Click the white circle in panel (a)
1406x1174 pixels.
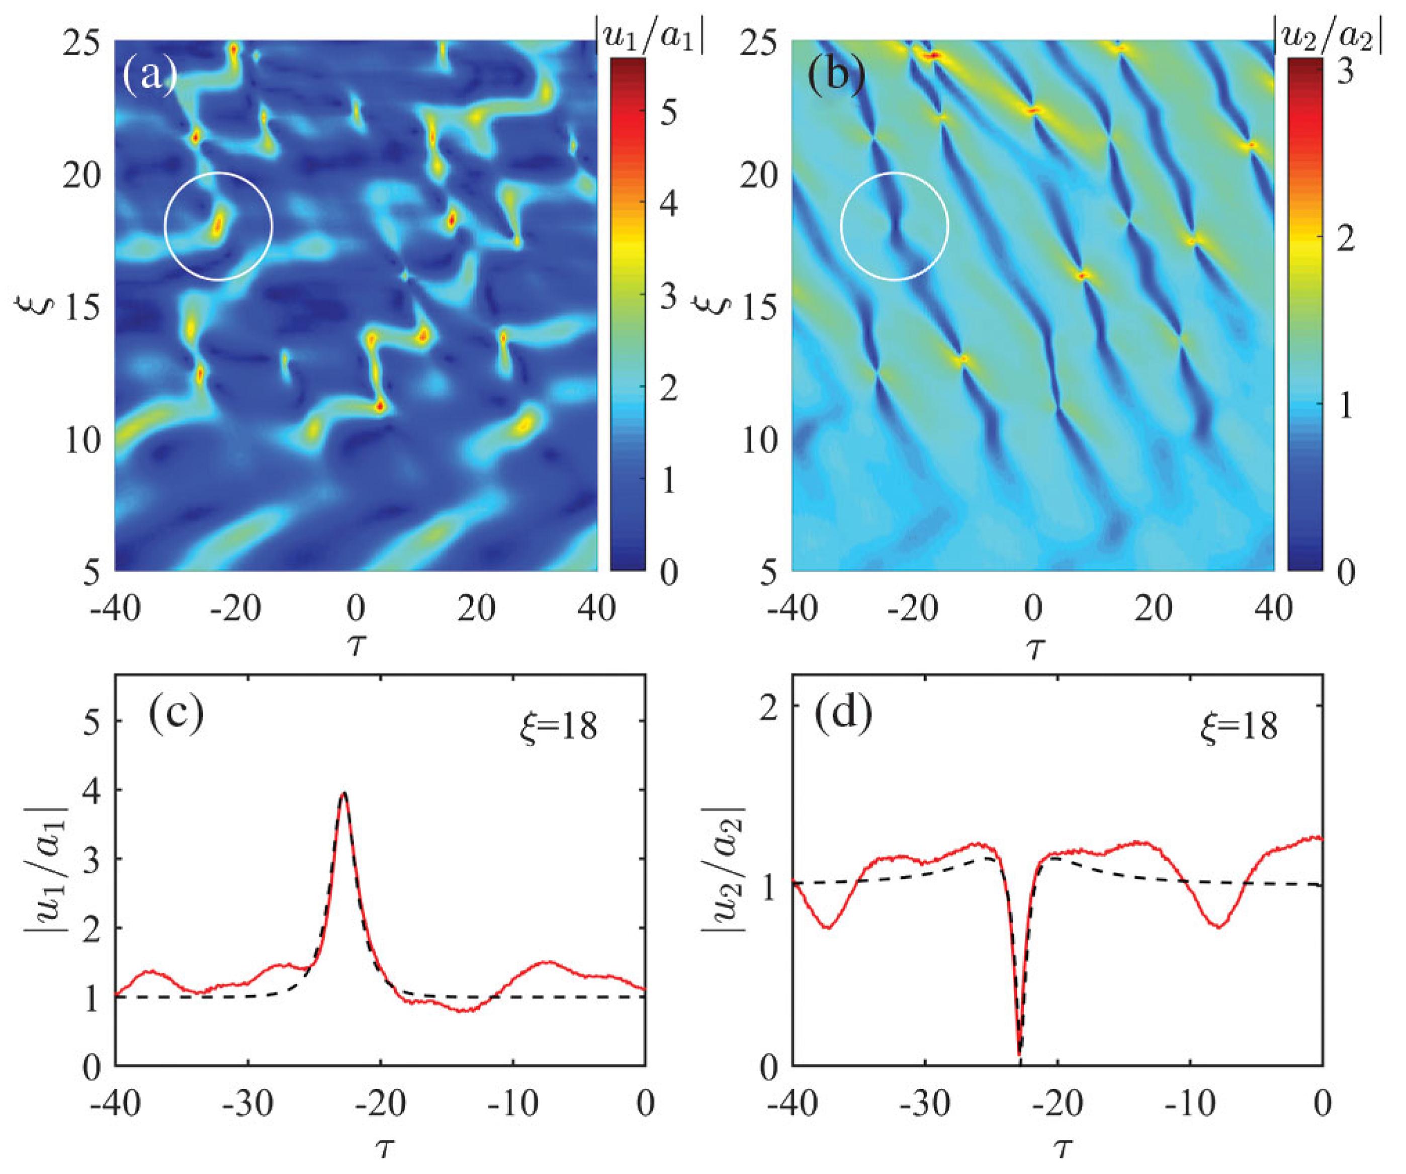218,226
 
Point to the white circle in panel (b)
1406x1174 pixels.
895,226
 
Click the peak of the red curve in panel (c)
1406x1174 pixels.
343,794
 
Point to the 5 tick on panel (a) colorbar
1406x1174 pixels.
667,113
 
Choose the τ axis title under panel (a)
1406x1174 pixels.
356,647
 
